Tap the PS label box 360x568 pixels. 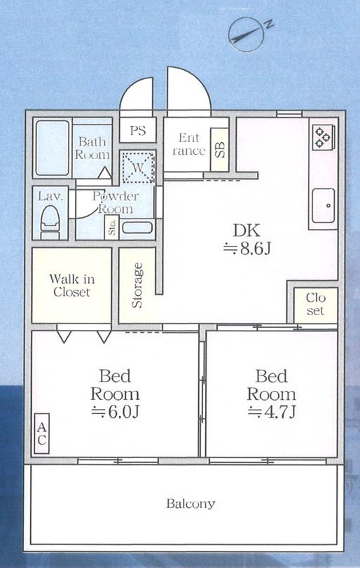tap(137, 130)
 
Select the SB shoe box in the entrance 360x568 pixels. tap(219, 149)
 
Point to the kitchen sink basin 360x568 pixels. tap(324, 205)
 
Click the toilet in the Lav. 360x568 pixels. tap(50, 223)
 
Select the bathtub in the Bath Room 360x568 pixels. tap(53, 148)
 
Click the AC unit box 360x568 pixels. tap(41, 434)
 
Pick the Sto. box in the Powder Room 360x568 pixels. tap(112, 227)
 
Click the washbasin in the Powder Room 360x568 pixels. tap(137, 228)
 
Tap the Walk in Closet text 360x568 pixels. tap(71, 286)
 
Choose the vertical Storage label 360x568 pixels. tap(137, 286)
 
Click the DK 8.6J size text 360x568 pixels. tap(247, 240)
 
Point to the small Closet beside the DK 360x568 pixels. tap(315, 305)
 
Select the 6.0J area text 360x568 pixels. tap(115, 412)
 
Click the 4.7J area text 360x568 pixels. tap(272, 412)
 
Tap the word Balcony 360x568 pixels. tap(191, 504)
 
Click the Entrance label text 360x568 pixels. tap(188, 144)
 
